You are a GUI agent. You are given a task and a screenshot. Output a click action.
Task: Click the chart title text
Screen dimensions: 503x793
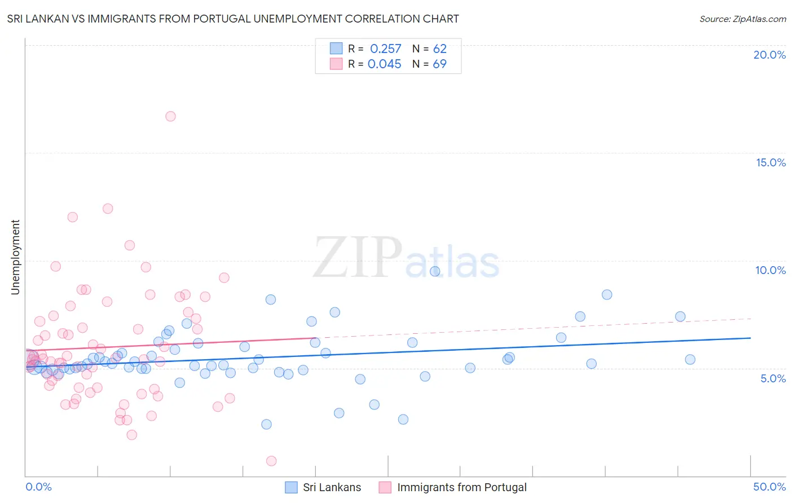pyautogui.click(x=233, y=19)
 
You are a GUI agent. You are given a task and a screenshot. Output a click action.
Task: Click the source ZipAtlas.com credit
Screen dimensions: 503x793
pyautogui.click(x=742, y=19)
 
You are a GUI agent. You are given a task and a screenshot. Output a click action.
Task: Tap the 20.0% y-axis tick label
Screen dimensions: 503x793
pyautogui.click(x=769, y=55)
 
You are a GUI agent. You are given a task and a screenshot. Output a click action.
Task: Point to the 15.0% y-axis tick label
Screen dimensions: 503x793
pyautogui.click(x=770, y=162)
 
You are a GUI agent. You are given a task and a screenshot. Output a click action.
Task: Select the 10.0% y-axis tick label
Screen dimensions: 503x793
pyautogui.click(x=770, y=270)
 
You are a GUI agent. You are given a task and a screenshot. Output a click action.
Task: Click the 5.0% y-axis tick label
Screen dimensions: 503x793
pyautogui.click(x=773, y=378)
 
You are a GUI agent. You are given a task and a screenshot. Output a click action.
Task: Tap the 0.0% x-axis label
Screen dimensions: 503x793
pyautogui.click(x=38, y=487)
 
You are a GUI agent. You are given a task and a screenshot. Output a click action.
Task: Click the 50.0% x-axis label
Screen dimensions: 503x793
pyautogui.click(x=769, y=487)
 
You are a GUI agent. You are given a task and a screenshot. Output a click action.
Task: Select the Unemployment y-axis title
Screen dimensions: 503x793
pyautogui.click(x=15, y=257)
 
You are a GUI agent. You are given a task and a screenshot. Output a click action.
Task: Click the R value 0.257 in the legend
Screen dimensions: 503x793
pyautogui.click(x=385, y=48)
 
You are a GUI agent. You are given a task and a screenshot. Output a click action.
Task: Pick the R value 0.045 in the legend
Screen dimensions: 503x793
pyautogui.click(x=384, y=64)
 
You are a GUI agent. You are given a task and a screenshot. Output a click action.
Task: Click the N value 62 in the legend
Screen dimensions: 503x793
pyautogui.click(x=439, y=48)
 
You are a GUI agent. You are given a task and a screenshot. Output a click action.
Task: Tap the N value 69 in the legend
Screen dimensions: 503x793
pyautogui.click(x=439, y=64)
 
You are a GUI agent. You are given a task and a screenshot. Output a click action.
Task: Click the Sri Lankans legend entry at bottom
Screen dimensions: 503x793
pyautogui.click(x=332, y=487)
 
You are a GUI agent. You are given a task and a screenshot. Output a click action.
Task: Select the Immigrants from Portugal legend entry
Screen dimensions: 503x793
pyautogui.click(x=461, y=487)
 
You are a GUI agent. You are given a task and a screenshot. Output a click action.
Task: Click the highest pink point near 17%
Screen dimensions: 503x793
pyautogui.click(x=170, y=116)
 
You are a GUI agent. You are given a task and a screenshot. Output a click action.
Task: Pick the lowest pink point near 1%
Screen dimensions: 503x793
pyautogui.click(x=271, y=461)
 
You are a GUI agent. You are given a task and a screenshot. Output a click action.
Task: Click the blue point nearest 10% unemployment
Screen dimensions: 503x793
pyautogui.click(x=435, y=271)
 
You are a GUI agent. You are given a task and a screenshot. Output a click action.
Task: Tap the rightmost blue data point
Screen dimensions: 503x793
pyautogui.click(x=690, y=360)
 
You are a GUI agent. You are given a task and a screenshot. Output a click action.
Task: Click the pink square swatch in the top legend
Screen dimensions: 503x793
pyautogui.click(x=336, y=64)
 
